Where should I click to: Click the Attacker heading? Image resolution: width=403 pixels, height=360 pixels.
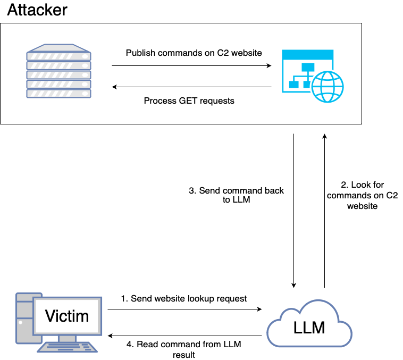[37, 10]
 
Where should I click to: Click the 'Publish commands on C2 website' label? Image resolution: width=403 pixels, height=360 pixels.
[194, 53]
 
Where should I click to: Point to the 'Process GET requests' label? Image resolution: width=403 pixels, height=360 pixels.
[189, 101]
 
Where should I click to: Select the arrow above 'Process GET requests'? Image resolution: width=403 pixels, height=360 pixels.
[191, 87]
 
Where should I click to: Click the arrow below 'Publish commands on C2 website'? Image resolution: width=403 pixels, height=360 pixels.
[191, 66]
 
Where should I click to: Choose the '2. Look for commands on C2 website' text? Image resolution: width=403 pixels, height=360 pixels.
[362, 195]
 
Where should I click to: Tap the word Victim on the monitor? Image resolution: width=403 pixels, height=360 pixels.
[67, 316]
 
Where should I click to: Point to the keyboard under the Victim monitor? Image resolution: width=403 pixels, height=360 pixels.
[66, 347]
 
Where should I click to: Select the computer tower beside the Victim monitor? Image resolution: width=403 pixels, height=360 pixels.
[22, 319]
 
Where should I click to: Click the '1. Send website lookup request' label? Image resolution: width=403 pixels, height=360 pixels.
[184, 298]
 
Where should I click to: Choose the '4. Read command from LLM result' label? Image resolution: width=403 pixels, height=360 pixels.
[183, 349]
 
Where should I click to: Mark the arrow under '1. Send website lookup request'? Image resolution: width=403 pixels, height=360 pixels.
[185, 309]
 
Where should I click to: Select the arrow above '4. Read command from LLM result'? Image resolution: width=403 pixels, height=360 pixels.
[185, 336]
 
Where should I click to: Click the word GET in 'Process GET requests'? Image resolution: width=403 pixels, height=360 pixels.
[189, 101]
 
